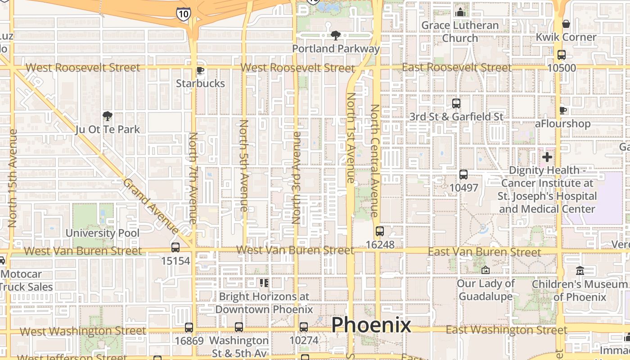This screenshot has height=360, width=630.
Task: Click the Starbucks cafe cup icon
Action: coord(200,71)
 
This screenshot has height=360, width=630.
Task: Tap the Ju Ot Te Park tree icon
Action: coord(107,117)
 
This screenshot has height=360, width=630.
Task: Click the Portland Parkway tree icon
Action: coord(335,36)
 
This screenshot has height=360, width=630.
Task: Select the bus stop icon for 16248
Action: coord(380,231)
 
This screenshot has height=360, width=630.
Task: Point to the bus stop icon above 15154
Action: coord(175,247)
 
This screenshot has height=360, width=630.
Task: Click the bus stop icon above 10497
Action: coord(463,174)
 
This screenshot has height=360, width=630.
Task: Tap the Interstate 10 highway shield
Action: coord(183,13)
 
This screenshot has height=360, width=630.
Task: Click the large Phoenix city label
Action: coord(371,325)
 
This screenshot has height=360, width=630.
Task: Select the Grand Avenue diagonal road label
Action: coord(151,206)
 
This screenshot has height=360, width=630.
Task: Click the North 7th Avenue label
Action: coord(193,178)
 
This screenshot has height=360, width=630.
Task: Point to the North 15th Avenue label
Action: coord(13,178)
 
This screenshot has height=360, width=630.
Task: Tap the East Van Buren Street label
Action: coord(484,252)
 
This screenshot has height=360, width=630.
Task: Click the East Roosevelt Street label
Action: coord(457,67)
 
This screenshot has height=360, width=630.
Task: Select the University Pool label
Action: coord(103,233)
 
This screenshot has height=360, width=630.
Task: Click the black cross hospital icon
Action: coord(547,157)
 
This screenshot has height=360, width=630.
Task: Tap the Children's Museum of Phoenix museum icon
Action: coord(580,270)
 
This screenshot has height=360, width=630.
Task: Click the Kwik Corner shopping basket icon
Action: coord(566,23)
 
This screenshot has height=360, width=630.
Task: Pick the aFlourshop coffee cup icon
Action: coord(562,110)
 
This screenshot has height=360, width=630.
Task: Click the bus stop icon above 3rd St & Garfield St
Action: coord(456,103)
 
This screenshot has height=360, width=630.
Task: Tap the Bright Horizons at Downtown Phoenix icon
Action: coord(264,283)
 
